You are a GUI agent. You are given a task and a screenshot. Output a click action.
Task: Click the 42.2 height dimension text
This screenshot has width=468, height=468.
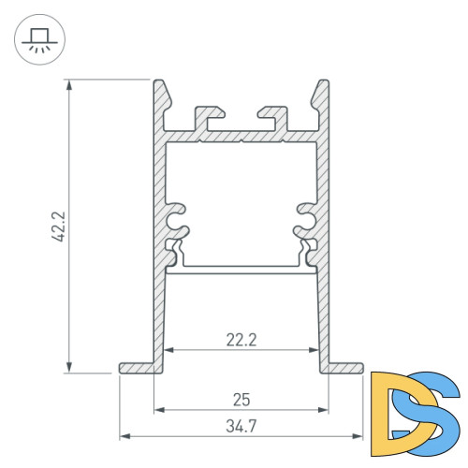(x=58, y=227)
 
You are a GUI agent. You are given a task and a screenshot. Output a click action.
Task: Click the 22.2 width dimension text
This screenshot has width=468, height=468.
(x=241, y=341)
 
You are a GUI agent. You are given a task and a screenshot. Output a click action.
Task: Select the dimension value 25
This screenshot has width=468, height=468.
(x=241, y=400)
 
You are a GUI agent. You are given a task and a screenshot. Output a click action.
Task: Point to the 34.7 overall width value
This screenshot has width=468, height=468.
(x=241, y=428)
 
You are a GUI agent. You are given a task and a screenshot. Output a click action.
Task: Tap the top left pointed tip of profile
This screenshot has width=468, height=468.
(x=160, y=83)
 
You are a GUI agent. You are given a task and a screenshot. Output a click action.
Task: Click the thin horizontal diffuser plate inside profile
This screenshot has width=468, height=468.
(x=241, y=271)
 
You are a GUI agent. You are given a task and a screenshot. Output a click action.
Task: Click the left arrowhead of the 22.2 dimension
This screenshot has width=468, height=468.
(x=169, y=350)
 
